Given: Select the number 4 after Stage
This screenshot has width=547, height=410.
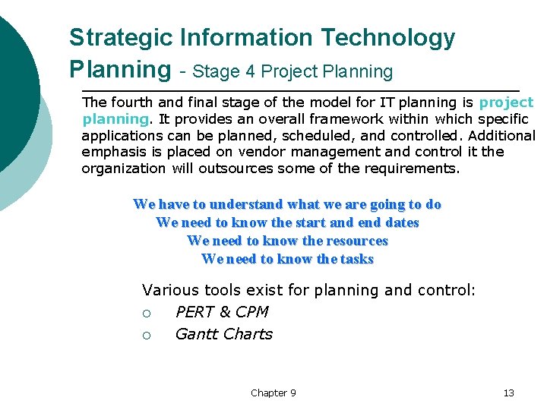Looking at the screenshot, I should (251, 72).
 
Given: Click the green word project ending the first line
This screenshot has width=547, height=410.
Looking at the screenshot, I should (507, 102).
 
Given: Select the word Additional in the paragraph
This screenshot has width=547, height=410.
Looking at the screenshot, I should (502, 135).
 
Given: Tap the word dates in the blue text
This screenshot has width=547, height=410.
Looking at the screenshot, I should (402, 222).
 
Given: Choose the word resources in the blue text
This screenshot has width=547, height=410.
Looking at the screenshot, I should (356, 241).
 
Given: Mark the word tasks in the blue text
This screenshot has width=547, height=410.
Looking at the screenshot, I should (357, 259).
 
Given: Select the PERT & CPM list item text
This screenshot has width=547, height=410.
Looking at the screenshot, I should (222, 312).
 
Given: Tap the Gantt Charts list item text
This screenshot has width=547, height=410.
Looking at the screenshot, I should (223, 334).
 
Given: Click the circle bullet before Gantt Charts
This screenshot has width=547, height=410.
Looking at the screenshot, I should (147, 335).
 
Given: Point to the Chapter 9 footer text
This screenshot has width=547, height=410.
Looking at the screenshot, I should (273, 393).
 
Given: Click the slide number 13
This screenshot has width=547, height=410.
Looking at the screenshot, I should (508, 393).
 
